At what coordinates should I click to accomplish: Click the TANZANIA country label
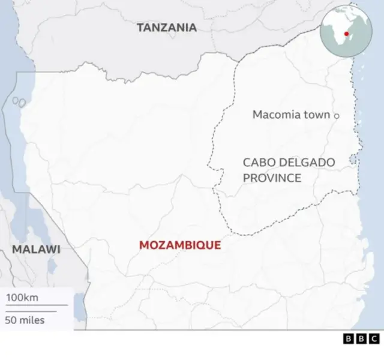pyautogui.click(x=166, y=27)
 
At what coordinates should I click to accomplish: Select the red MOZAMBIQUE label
pyautogui.click(x=180, y=245)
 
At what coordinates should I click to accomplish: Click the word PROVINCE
pyautogui.click(x=272, y=178)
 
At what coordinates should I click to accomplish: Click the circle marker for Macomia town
pyautogui.click(x=337, y=115)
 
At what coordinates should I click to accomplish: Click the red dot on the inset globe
pyautogui.click(x=347, y=25)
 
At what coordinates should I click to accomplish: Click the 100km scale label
pyautogui.click(x=22, y=298)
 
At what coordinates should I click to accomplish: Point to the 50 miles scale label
pyautogui.click(x=25, y=320)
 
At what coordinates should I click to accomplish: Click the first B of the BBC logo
pyautogui.click(x=349, y=339)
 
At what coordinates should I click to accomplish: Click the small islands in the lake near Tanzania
pyautogui.click(x=19, y=102)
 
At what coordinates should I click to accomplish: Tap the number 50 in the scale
pyautogui.click(x=11, y=320)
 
